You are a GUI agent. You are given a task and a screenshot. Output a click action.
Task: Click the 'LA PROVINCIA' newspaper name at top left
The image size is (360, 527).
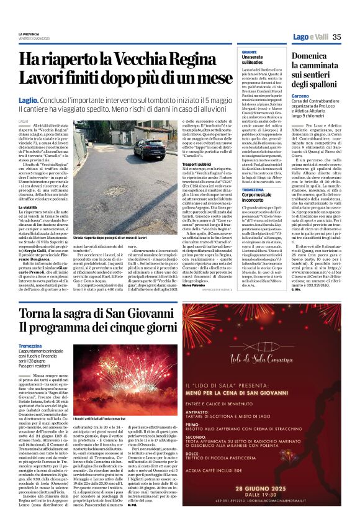click(x=29, y=34)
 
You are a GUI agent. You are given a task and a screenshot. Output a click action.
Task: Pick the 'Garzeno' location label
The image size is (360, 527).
click(x=301, y=97)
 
